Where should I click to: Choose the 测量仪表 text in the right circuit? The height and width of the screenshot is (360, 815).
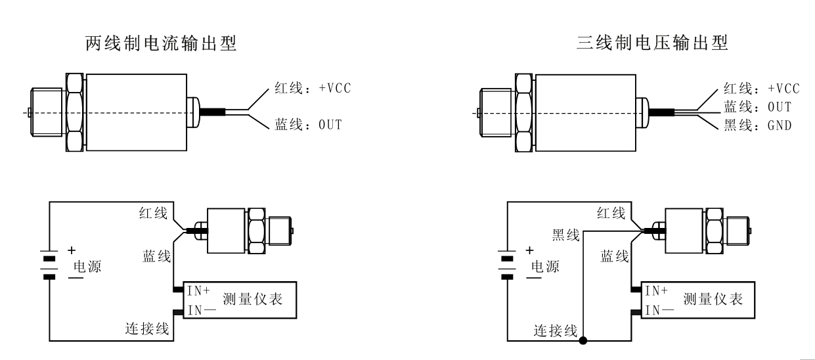713,300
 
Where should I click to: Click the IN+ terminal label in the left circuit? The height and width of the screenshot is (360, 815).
196,290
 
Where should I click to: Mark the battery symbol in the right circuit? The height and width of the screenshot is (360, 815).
508,263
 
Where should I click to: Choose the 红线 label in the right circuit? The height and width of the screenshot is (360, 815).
611,212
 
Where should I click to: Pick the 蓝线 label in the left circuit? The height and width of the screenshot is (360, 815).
156,255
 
